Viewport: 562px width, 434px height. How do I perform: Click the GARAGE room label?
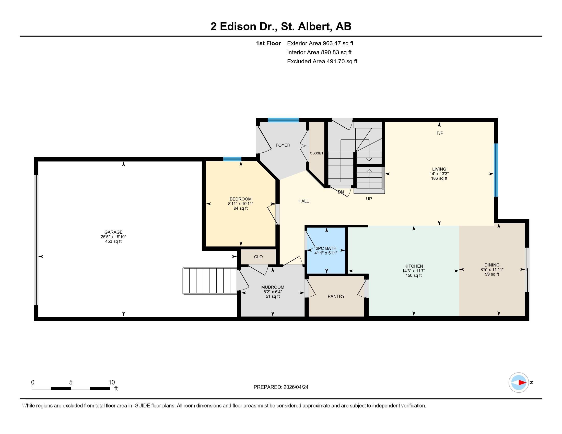pos(113,232)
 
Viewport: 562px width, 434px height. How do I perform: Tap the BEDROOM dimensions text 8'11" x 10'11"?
pos(241,204)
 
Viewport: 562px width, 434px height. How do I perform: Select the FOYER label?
pos(283,145)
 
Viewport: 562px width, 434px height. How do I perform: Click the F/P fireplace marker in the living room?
pos(440,133)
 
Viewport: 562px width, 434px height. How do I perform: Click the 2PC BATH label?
pos(326,248)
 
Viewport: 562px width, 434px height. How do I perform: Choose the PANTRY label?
pos(336,296)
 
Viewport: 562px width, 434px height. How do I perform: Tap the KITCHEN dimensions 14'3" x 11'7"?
pos(414,271)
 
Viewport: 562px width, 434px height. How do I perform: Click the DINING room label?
pos(492,265)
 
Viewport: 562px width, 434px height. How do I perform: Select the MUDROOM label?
pos(273,287)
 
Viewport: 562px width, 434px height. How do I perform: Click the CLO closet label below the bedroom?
pos(258,257)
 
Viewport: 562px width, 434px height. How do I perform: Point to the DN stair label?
pos(341,192)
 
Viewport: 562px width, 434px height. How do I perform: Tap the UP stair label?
pos(369,199)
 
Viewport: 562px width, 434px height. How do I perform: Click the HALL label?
pos(303,201)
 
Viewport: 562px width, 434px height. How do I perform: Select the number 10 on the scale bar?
pos(111,382)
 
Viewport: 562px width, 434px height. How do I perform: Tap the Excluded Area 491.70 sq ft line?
pos(322,62)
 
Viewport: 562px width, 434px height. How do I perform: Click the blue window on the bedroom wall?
pos(232,159)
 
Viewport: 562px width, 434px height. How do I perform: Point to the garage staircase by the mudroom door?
pos(210,280)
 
